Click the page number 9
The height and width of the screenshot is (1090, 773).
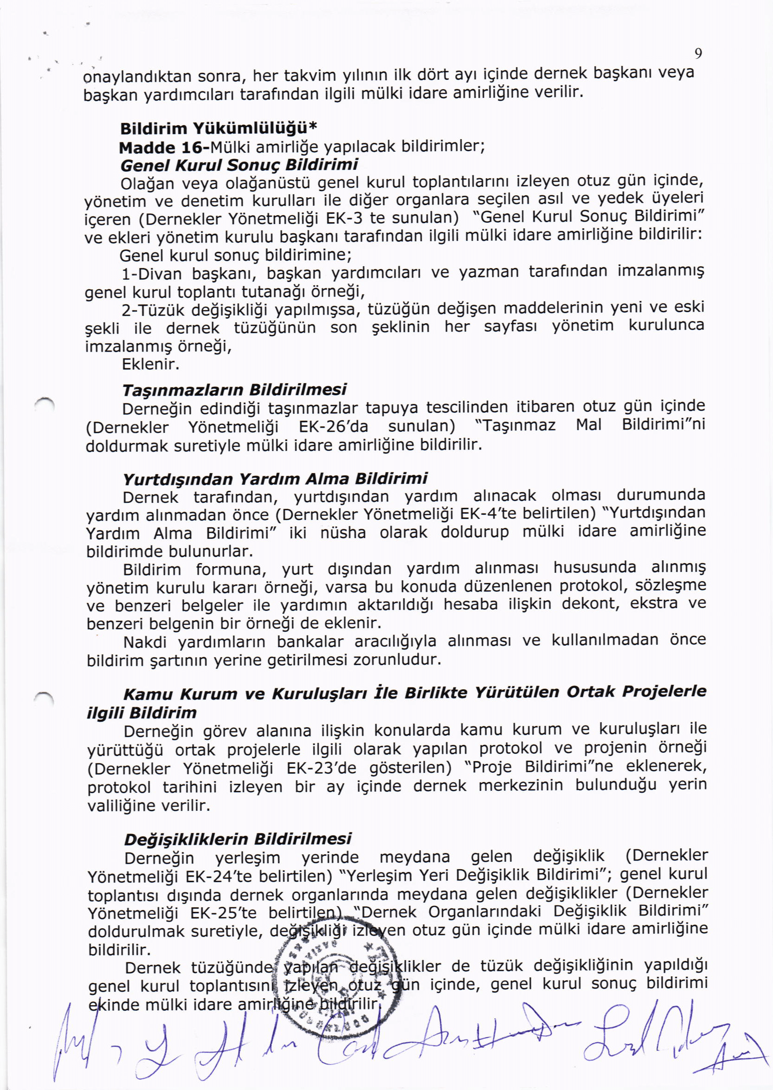pyautogui.click(x=698, y=54)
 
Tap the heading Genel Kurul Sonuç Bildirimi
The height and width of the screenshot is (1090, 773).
pyautogui.click(x=239, y=165)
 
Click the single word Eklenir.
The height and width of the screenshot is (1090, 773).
pyautogui.click(x=150, y=365)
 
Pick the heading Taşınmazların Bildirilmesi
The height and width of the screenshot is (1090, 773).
pyautogui.click(x=234, y=390)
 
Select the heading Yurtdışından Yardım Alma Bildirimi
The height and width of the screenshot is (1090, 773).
pyautogui.click(x=275, y=479)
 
